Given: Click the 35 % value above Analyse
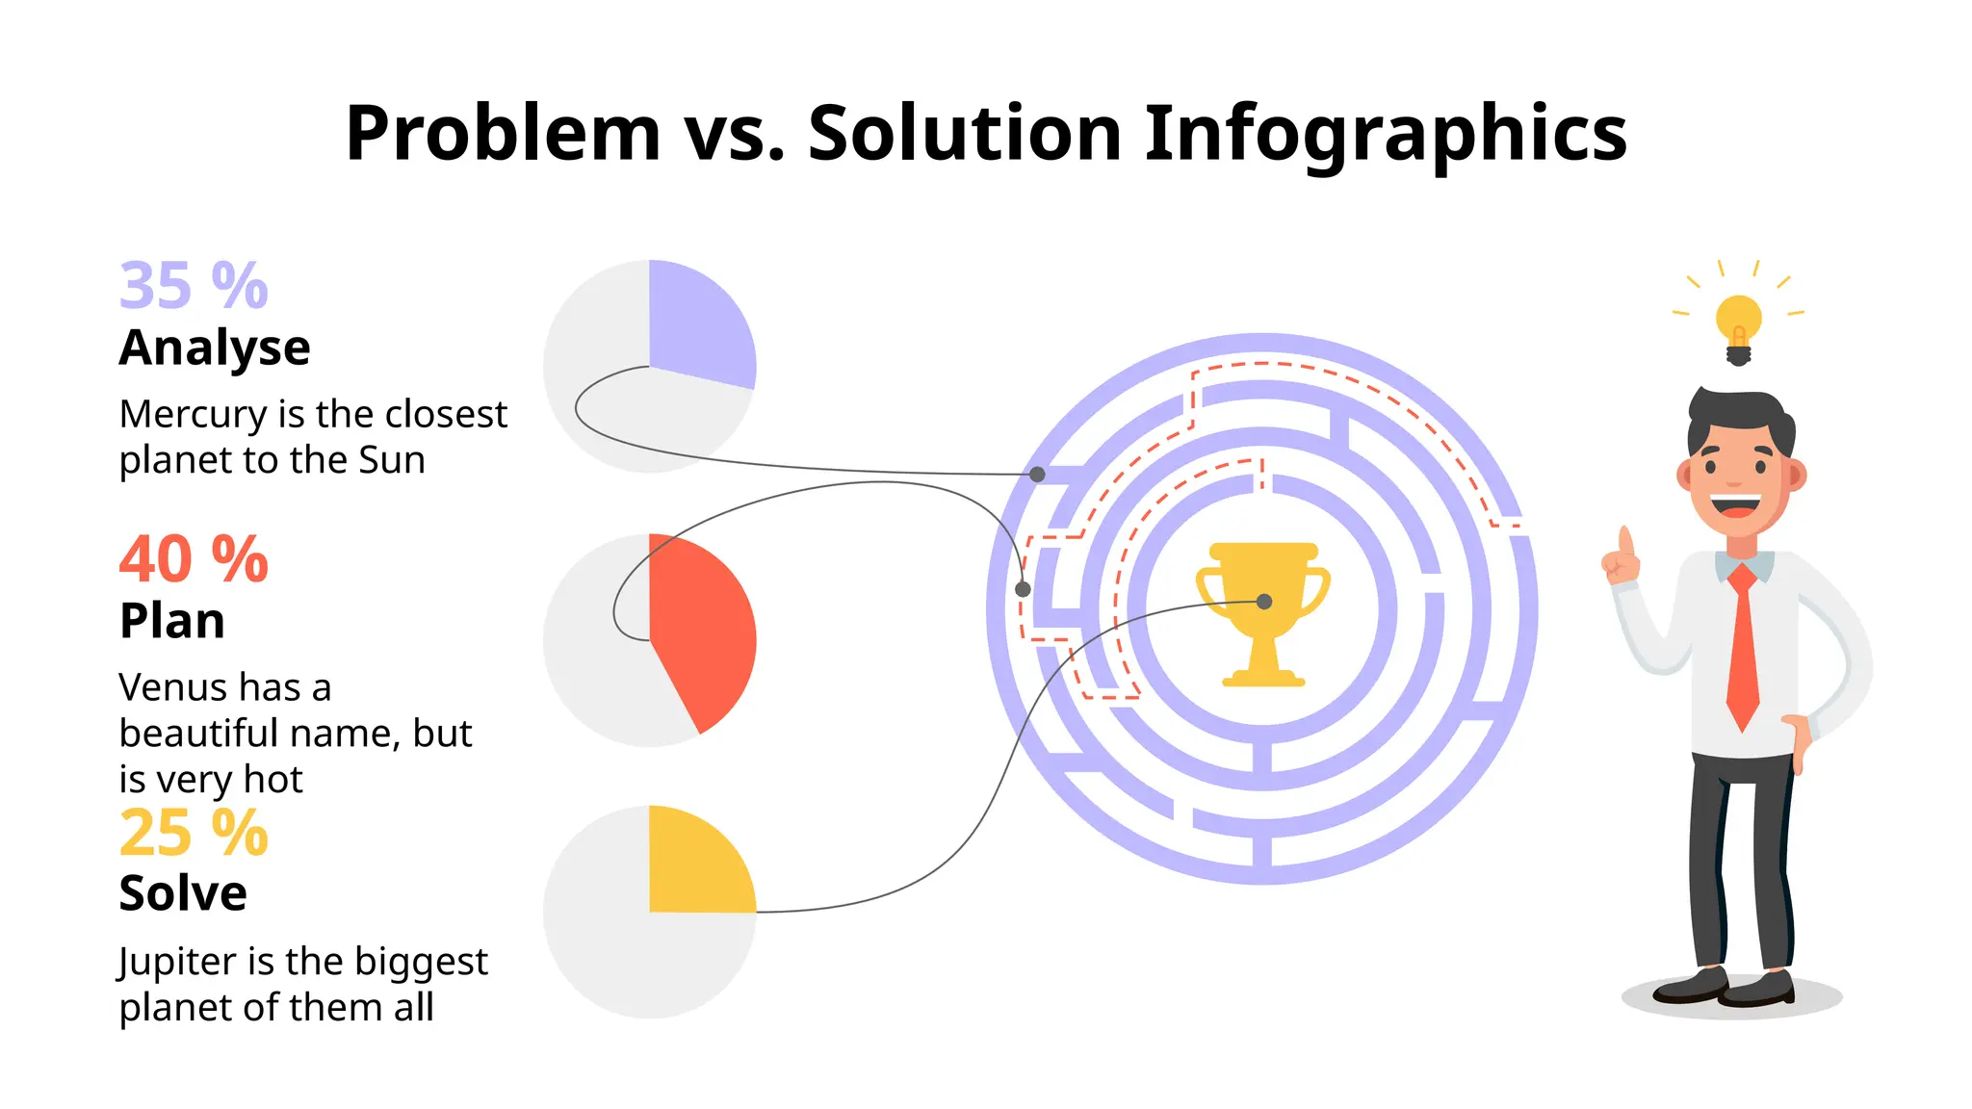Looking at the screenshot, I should pos(194,286).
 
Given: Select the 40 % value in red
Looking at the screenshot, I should pos(194,559).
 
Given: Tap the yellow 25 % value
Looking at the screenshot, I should pos(194,833).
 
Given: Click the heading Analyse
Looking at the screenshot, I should pos(215,348).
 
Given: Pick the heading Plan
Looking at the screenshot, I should pos(172,621).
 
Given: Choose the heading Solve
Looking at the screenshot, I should pos(183,893).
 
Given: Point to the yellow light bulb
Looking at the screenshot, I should pos(1738,321).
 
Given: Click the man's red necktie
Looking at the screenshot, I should pos(1742,645).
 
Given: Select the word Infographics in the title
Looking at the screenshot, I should pos(1386,135).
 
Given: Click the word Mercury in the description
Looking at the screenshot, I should pos(193,416).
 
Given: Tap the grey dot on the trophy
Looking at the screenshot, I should pos(1264,602).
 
